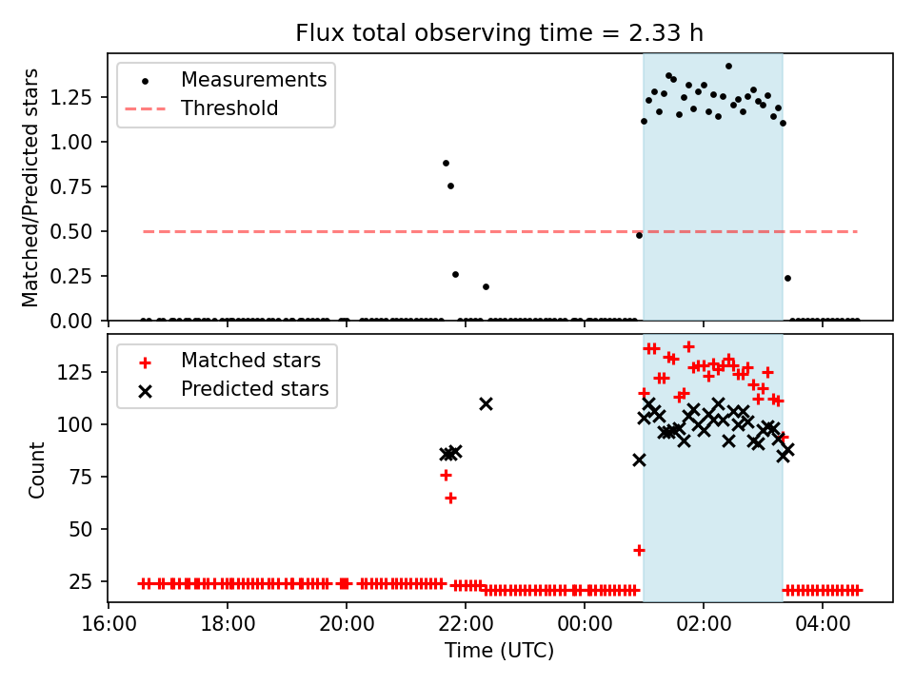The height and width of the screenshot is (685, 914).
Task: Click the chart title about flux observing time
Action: (x=499, y=33)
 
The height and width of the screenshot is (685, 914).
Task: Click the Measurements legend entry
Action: (x=253, y=79)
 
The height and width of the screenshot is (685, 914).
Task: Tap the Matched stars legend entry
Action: (x=250, y=361)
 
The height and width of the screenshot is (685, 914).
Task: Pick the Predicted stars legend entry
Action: (x=254, y=389)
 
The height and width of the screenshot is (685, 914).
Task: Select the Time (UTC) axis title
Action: (x=499, y=651)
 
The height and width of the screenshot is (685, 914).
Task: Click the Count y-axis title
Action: (x=36, y=469)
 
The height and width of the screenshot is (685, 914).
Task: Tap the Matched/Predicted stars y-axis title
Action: (x=30, y=187)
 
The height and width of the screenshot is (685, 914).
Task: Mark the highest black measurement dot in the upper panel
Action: (x=728, y=67)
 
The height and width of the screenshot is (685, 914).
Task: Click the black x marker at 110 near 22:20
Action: (x=486, y=403)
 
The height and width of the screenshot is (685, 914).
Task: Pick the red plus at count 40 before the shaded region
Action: (x=639, y=550)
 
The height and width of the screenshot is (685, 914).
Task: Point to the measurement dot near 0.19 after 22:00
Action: (x=486, y=286)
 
